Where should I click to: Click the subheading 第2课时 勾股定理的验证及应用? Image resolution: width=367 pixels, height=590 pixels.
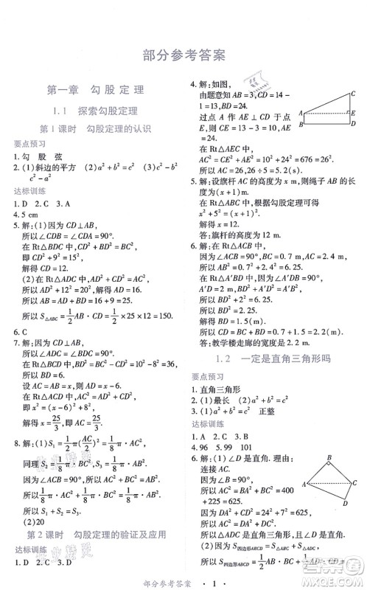point(96,534)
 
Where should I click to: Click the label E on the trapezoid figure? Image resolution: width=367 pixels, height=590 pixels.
point(354,113)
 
